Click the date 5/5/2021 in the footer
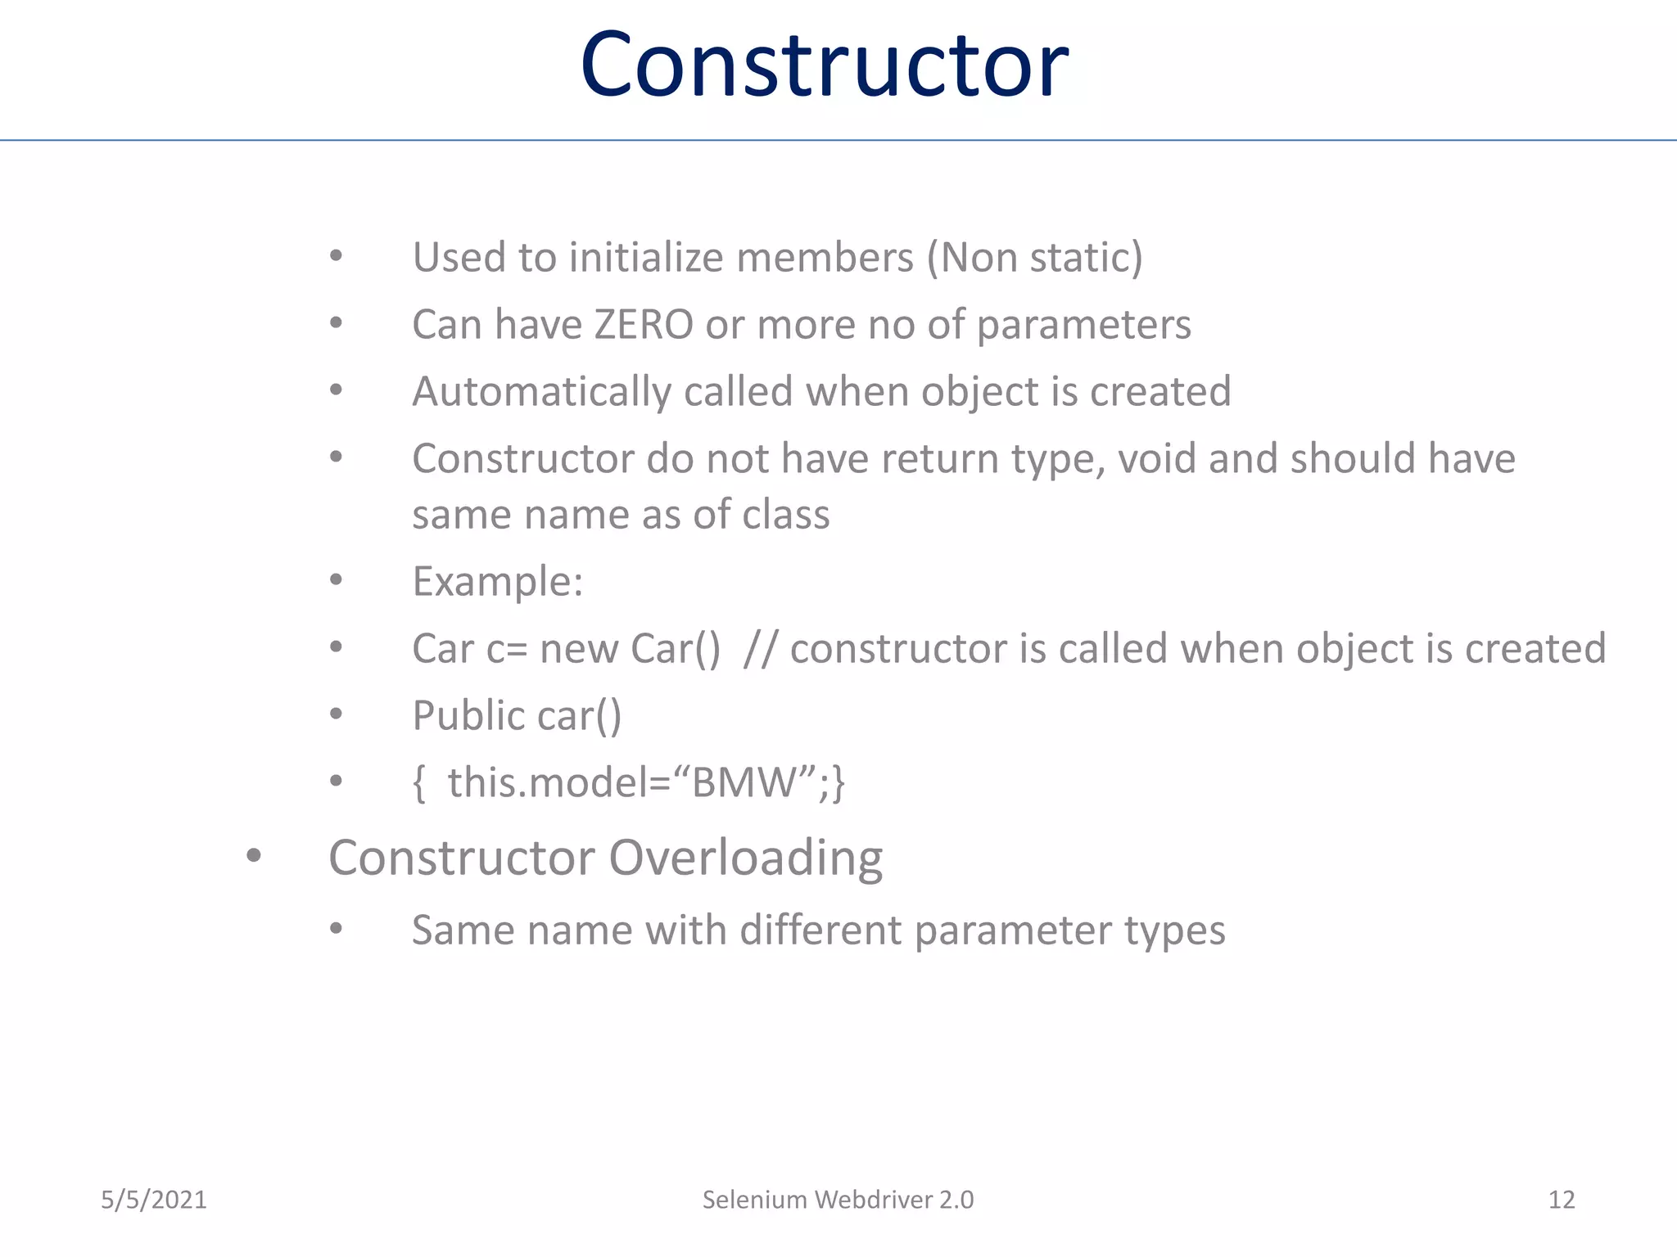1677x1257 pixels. tap(153, 1200)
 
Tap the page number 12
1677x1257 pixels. tap(1561, 1200)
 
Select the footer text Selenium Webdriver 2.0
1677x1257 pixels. tap(838, 1200)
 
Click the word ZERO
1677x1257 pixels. tap(644, 325)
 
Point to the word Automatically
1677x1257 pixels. tap(541, 392)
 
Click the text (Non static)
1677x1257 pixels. tap(1034, 258)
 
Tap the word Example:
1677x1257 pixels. tap(497, 582)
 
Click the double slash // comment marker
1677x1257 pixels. tap(759, 649)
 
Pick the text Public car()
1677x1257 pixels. tap(517, 716)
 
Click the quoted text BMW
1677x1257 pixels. tap(744, 782)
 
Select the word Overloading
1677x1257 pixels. tap(745, 858)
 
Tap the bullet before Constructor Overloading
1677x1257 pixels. tap(253, 856)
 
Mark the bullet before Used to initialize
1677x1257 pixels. tap(336, 256)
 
